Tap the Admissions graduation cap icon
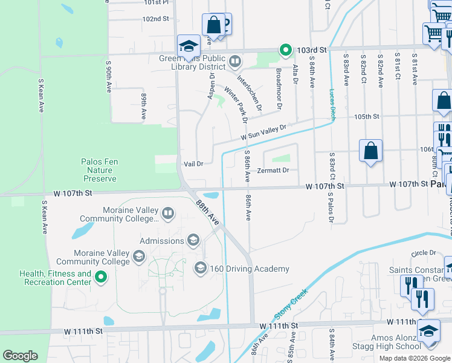click(x=193, y=241)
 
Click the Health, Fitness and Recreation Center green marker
click(x=101, y=278)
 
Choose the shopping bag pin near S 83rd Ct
click(x=370, y=151)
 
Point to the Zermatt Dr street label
click(x=273, y=171)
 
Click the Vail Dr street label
click(x=193, y=164)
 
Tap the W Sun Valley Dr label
click(x=263, y=134)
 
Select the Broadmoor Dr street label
click(x=279, y=88)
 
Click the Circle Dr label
click(x=422, y=253)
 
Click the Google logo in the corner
click(x=20, y=356)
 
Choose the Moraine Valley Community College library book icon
click(x=167, y=212)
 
